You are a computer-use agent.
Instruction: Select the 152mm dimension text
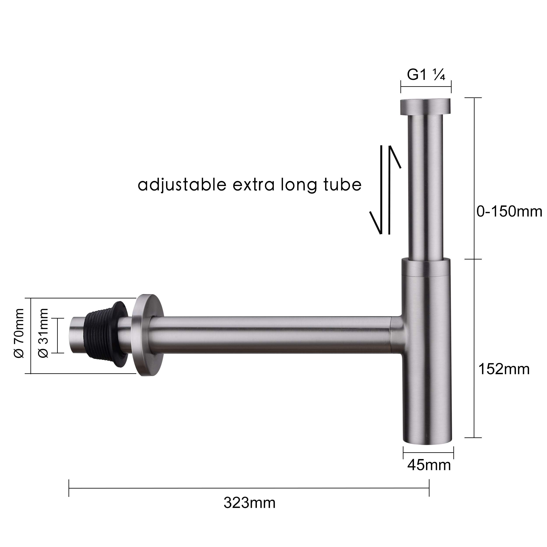click(504, 369)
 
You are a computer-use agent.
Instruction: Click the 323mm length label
click(249, 503)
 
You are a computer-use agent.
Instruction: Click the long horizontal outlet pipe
click(269, 335)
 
